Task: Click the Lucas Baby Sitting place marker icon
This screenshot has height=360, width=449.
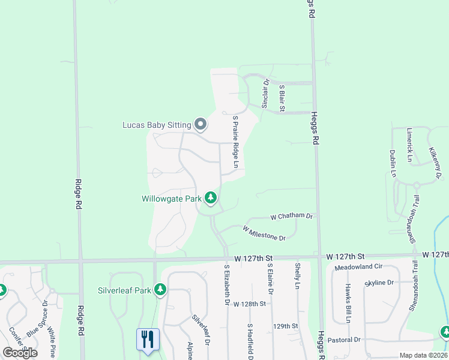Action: point(200,125)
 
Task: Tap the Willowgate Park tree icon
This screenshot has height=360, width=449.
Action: point(211,197)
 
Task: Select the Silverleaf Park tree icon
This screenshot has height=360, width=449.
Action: point(160,290)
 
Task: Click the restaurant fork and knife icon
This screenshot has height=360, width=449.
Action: point(147,339)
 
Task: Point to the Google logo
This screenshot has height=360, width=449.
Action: point(20,353)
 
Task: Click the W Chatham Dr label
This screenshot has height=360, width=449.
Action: point(292,216)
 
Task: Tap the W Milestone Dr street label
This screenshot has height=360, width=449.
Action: point(264,233)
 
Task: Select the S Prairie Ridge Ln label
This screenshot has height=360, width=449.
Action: point(236,141)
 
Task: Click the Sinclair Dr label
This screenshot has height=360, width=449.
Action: point(265,94)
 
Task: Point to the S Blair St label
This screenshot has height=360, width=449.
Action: point(282,96)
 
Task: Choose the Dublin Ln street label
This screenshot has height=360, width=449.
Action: point(393,163)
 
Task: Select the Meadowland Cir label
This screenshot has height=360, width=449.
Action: point(359,266)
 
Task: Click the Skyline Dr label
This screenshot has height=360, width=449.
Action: point(379,282)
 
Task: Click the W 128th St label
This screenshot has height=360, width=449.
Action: point(250,304)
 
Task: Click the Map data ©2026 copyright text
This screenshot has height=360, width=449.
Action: point(423,355)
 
